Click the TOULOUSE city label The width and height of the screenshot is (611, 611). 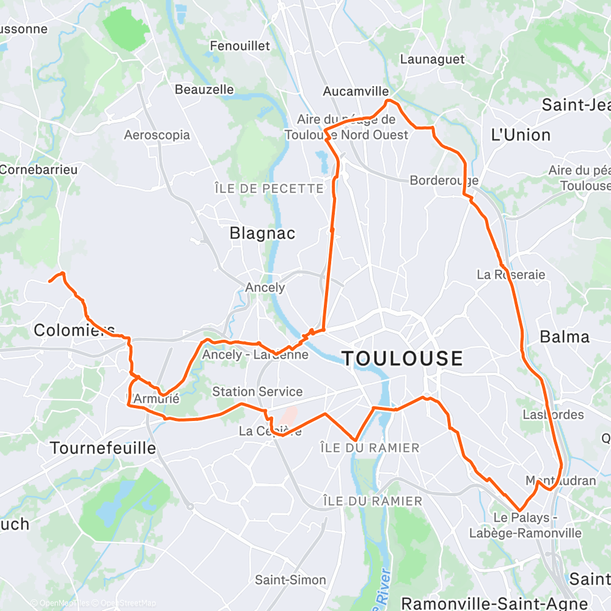pos(402,358)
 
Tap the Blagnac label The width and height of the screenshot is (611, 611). pos(262,233)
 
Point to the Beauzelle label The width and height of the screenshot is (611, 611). pos(204,89)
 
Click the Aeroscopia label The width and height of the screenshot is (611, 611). pos(157,135)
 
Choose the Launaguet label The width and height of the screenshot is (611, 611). pos(432,59)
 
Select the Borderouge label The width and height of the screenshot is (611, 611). pos(444,180)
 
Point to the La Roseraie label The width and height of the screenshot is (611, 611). pos(511,274)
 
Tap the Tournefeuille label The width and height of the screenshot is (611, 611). pos(103,448)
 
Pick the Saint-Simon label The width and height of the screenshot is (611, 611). pos(282,580)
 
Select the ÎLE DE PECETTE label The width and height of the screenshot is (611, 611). pos(269,189)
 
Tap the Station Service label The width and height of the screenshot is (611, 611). pos(257,392)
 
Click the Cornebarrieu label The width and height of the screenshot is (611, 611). pos(38,169)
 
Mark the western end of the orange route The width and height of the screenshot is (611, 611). pos(49,281)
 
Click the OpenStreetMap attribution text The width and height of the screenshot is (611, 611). pos(125,603)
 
